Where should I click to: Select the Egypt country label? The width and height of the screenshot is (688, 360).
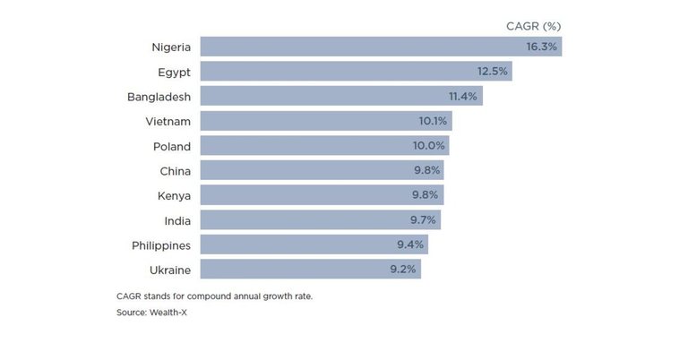(173, 72)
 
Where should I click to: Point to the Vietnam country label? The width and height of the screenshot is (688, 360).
(168, 121)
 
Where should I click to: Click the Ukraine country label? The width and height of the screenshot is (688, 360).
(168, 269)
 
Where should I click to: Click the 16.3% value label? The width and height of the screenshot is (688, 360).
(540, 47)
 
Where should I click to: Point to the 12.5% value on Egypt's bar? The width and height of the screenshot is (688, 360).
(491, 72)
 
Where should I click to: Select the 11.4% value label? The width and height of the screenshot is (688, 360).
(462, 96)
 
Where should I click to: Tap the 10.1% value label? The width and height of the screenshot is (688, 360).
(431, 121)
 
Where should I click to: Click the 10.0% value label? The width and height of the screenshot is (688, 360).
(428, 146)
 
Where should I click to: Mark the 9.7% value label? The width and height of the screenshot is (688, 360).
(421, 219)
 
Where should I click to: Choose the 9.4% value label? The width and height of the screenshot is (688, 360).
(408, 244)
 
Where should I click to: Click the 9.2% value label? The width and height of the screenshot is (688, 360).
(401, 269)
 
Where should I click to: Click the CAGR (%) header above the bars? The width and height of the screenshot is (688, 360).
(534, 26)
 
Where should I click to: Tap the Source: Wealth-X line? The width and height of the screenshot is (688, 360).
(153, 312)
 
